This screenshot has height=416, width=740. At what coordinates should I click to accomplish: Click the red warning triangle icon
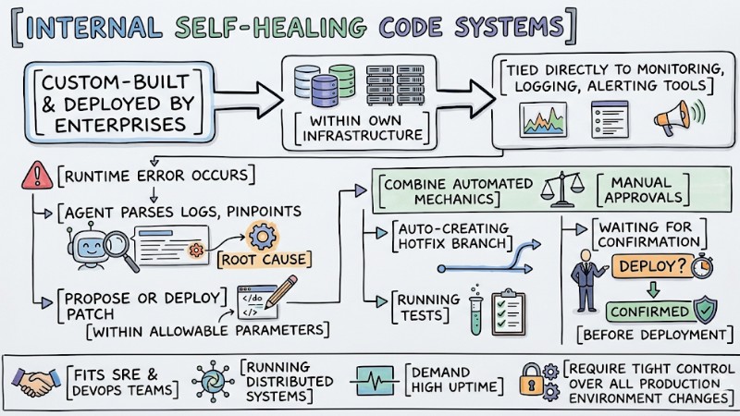pyautogui.click(x=37, y=174)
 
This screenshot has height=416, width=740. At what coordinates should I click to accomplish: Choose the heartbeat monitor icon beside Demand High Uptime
pyautogui.click(x=376, y=381)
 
